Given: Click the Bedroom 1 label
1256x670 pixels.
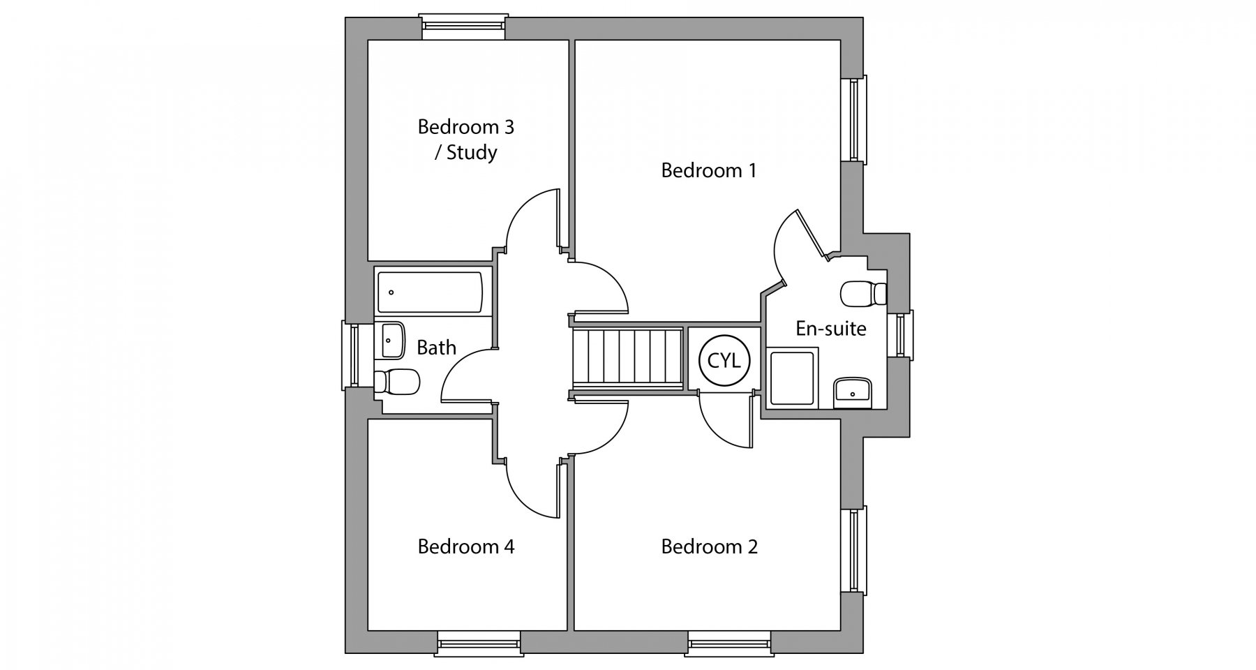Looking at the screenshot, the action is [708, 170].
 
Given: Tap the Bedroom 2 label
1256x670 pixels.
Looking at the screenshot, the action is [709, 546].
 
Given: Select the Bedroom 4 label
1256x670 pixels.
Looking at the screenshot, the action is [466, 546].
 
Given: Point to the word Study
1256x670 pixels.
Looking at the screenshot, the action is [472, 153].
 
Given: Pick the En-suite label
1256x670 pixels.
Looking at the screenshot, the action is [831, 328].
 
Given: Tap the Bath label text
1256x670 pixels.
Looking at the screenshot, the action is [436, 347].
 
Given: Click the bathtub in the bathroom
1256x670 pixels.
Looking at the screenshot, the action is [430, 292].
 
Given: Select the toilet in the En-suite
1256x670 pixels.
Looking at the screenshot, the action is [864, 294].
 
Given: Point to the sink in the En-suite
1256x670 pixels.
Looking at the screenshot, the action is [853, 392].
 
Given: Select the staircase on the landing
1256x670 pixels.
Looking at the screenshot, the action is [627, 357].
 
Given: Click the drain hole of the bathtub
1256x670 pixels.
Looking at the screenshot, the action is [391, 292].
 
